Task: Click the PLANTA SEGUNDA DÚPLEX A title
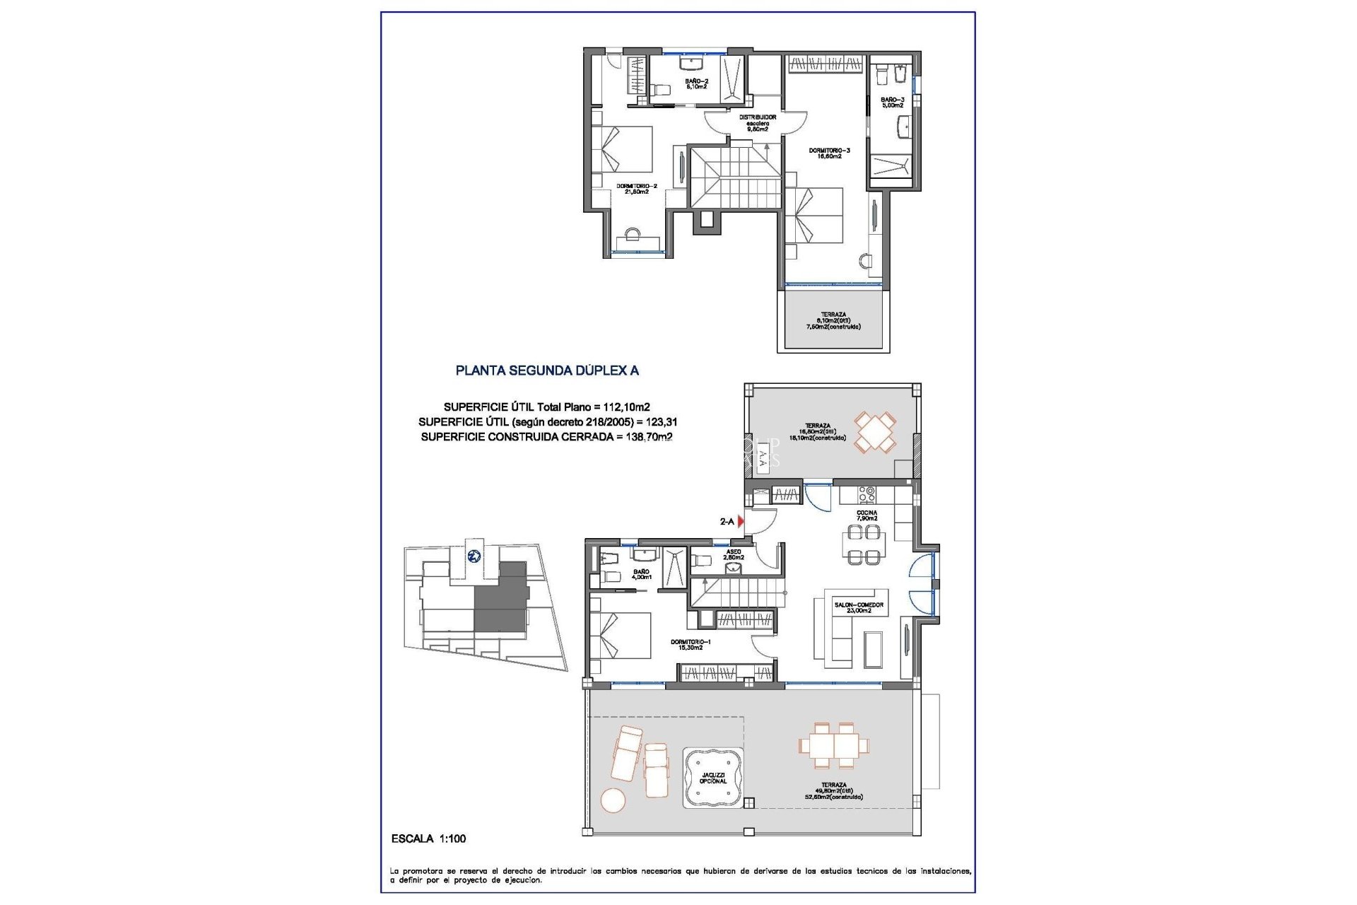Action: point(546,370)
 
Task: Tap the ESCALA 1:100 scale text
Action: point(428,839)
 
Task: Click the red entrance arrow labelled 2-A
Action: point(740,521)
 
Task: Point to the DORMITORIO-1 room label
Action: point(691,644)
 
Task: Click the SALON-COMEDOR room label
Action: point(858,607)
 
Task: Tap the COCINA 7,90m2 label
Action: point(867,515)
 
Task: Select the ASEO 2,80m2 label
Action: point(733,554)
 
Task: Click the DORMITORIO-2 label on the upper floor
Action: point(636,189)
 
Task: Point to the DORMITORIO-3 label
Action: point(829,153)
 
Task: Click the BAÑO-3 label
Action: point(892,103)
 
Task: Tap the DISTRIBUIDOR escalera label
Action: point(757,123)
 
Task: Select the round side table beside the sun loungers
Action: point(613,800)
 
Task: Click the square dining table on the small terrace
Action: point(875,433)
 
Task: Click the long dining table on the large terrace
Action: point(834,745)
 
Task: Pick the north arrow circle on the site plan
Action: point(474,556)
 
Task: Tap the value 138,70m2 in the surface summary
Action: point(649,437)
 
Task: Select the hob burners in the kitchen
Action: point(867,494)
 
